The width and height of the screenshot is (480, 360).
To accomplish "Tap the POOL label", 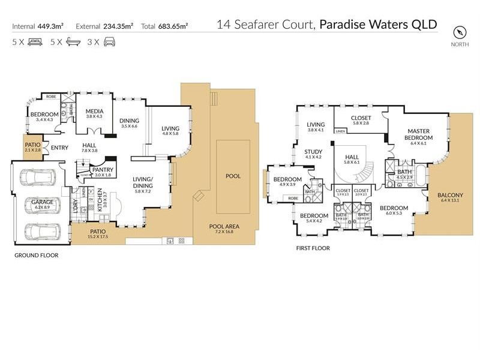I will coord(232,177).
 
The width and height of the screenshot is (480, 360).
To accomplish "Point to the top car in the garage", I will coord(37,178).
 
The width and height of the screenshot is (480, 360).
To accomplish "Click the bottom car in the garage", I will coord(37,231).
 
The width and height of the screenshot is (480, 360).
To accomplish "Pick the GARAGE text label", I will coord(43,202).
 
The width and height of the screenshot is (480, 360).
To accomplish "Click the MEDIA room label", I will coord(94,112).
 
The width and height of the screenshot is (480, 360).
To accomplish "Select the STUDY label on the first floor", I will coord(313,152).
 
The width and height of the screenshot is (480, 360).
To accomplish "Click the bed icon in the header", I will coord(35,42).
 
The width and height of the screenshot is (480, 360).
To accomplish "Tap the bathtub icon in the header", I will coord(73,42).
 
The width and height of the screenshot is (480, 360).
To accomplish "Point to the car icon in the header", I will coord(110,42).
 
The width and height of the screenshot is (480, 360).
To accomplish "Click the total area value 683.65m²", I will coord(173,26).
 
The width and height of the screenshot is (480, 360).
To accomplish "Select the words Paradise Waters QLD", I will coord(378,25).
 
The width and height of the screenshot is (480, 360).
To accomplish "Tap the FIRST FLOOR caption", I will coord(313,247).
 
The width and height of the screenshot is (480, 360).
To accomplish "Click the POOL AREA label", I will coord(223,227).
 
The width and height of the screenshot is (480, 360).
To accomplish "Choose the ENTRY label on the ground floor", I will coord(59,148).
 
